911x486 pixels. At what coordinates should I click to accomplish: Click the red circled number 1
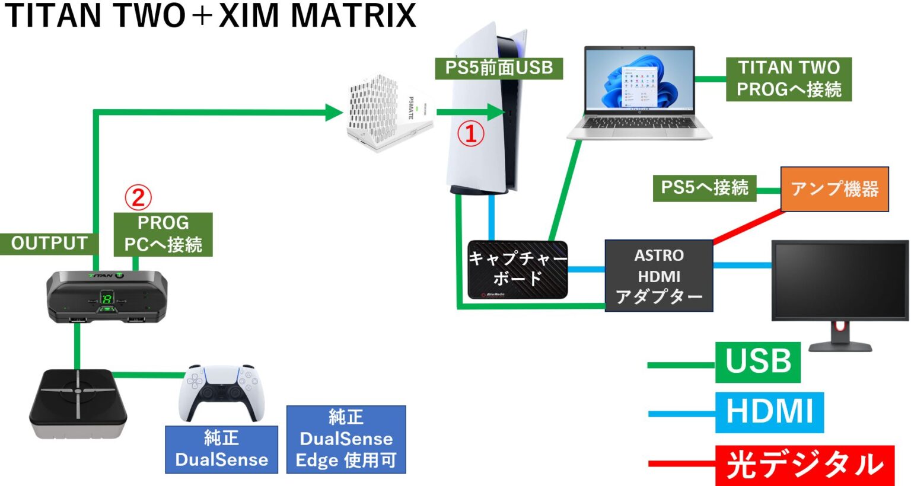(470, 134)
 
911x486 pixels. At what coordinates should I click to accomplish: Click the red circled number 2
(138, 197)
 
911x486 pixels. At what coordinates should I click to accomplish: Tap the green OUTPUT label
(49, 244)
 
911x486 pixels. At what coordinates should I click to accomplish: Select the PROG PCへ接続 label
(163, 234)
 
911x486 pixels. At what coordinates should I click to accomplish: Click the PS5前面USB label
(499, 68)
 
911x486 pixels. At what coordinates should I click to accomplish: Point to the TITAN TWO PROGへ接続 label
(788, 79)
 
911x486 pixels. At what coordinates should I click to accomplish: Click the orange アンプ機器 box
(834, 189)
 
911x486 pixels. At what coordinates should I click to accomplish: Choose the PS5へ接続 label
(704, 188)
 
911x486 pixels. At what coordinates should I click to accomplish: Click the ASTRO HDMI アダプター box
(658, 276)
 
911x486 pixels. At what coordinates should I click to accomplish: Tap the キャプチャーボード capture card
(517, 270)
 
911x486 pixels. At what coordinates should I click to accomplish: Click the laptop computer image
(639, 92)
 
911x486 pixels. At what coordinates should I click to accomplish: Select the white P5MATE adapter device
(388, 113)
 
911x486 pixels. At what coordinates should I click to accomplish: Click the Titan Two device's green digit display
(107, 298)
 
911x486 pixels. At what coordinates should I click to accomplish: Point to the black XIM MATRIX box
(78, 403)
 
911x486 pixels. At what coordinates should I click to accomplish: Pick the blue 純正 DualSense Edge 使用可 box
(346, 439)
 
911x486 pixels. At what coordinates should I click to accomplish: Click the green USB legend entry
(757, 362)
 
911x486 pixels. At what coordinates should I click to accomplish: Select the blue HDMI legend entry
(769, 412)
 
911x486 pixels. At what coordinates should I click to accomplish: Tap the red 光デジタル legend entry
(804, 465)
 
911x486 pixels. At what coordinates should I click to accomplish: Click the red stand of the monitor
(839, 327)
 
